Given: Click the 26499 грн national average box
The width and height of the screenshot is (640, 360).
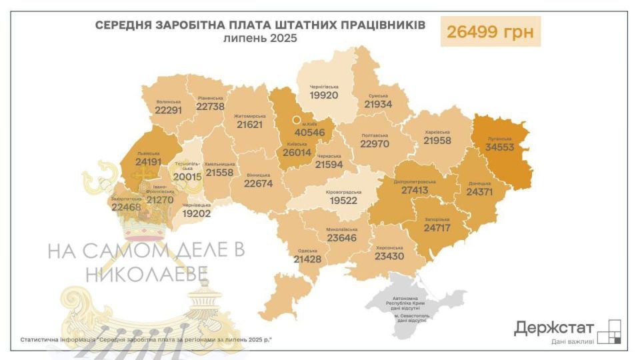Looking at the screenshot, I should [x=490, y=31].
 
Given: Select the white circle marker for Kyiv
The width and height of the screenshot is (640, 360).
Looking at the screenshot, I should [x=296, y=121].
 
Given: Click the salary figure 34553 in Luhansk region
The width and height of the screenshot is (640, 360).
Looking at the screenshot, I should [x=499, y=147].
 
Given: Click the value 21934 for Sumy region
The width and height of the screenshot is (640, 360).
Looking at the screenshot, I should [x=378, y=104].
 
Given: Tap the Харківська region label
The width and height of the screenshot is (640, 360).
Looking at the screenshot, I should [x=437, y=132].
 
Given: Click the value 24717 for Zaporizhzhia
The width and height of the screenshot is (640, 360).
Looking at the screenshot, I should [x=437, y=228].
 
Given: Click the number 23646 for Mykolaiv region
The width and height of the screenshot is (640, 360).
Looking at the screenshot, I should [x=342, y=237].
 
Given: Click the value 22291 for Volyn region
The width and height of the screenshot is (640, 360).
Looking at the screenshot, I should [x=168, y=111].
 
